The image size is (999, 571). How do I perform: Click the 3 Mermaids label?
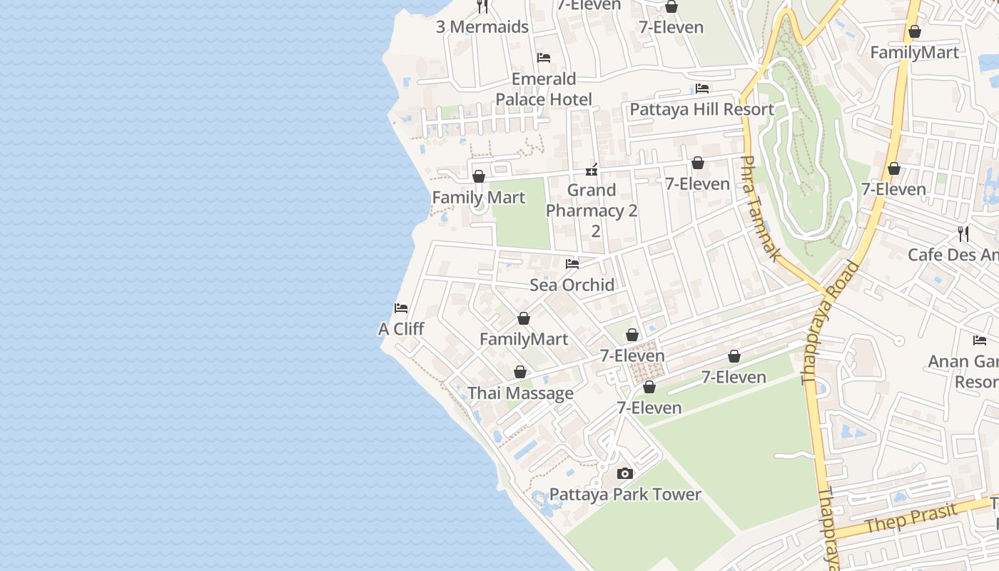482,27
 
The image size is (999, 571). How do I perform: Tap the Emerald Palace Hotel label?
544,89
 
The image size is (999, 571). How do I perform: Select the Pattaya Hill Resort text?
701,109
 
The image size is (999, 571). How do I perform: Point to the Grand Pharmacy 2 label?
592,201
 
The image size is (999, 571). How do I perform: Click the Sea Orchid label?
572,285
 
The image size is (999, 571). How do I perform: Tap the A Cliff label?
401,329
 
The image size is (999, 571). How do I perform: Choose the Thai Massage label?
520,393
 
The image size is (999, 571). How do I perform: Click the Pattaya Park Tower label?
625,494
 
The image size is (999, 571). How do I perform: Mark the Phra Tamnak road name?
759,208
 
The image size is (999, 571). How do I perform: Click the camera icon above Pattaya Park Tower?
625,473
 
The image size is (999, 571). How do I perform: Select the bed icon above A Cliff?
401,308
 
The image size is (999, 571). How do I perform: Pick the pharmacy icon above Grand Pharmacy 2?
592,170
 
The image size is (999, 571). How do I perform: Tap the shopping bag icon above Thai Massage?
520,372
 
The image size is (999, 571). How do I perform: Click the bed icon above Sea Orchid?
572,264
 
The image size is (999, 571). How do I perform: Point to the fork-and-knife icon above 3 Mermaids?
482,6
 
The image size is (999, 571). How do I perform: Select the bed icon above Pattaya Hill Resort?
702,89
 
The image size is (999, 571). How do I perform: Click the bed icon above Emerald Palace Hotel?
544,58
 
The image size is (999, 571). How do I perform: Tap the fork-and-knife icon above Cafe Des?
963,233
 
